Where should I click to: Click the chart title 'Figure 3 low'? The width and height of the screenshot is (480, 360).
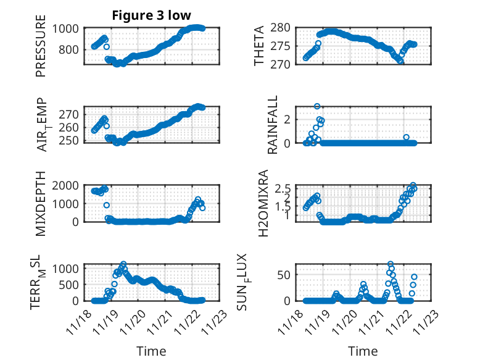point(151,15)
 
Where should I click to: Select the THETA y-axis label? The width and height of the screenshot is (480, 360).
point(260,46)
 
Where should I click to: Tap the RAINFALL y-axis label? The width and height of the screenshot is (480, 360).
point(272,125)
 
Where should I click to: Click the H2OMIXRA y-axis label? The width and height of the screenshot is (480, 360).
point(263,204)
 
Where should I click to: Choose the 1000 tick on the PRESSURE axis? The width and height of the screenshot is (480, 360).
point(66,28)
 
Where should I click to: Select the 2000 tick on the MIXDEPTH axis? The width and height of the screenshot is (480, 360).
point(66,185)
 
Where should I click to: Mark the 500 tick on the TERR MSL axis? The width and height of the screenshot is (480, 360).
point(69,285)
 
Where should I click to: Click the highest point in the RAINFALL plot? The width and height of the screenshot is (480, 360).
point(317,106)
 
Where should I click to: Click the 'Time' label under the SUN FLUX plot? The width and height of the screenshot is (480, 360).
point(363,351)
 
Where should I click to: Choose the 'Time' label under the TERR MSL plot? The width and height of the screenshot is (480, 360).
point(151,351)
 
